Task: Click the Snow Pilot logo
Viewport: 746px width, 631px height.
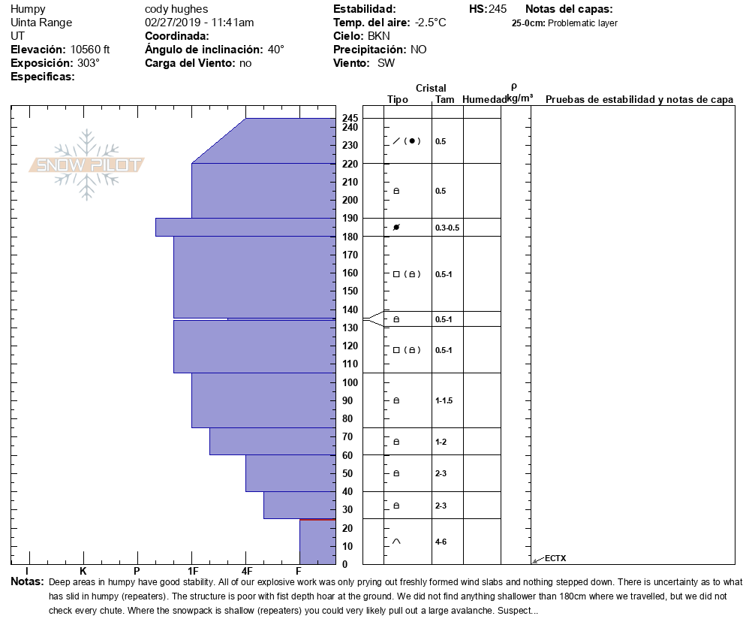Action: (87, 165)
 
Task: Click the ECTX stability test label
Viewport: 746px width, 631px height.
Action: (555, 557)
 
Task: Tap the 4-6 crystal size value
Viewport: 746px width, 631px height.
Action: (441, 542)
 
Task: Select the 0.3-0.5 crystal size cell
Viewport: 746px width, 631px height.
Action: (447, 228)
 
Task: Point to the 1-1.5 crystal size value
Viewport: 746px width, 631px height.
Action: (444, 400)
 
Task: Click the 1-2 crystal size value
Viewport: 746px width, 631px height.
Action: (441, 442)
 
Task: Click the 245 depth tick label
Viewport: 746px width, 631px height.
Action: (350, 119)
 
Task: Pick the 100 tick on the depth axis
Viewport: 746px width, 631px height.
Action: (350, 382)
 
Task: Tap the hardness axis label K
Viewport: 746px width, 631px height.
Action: (83, 572)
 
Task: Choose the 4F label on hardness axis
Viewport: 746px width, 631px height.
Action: (246, 572)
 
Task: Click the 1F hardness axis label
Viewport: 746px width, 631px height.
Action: (193, 572)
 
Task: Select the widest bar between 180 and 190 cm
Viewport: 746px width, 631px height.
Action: (245, 227)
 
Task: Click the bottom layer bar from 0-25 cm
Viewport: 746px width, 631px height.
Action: (317, 542)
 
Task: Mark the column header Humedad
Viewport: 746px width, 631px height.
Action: (484, 100)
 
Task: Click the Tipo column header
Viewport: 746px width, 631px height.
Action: (398, 100)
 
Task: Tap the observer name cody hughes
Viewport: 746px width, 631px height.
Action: (176, 9)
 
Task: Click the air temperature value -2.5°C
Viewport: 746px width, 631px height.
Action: (431, 23)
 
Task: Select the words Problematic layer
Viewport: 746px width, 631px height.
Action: (582, 23)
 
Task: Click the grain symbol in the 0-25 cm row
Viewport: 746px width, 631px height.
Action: (396, 542)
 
